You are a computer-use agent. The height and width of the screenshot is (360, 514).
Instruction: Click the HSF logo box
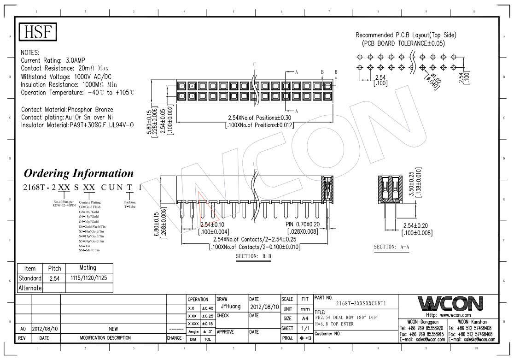point(38,32)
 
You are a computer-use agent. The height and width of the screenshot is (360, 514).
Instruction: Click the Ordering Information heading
point(78,174)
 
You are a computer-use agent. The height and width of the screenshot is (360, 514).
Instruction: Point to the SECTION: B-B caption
point(253,256)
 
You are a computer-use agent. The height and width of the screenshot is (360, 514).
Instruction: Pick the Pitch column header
point(52,268)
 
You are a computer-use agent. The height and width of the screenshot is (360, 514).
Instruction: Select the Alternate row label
point(30,288)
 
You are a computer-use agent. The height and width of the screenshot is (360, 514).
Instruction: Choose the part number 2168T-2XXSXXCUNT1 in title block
point(361,304)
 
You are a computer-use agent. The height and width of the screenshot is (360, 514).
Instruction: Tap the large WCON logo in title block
point(450,304)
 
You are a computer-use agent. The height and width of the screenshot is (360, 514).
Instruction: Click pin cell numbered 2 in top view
point(182,86)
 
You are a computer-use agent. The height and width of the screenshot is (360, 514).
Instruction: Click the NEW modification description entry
point(113,329)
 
